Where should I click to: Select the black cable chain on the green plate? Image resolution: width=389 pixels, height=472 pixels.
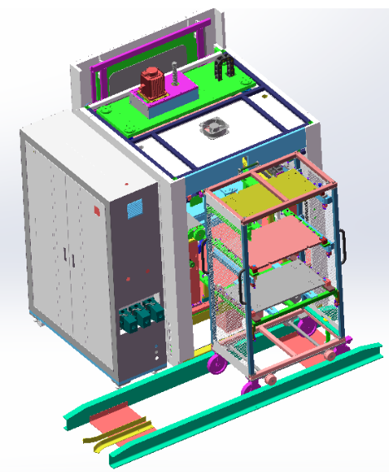(x=222, y=67)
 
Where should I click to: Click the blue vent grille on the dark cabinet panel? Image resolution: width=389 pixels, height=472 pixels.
(x=134, y=208)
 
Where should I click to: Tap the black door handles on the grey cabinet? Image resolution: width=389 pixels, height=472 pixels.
(x=66, y=255)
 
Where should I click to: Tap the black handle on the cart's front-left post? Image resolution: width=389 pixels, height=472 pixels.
(x=243, y=287)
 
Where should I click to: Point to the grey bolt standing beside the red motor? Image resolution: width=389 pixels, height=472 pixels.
(x=175, y=81)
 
